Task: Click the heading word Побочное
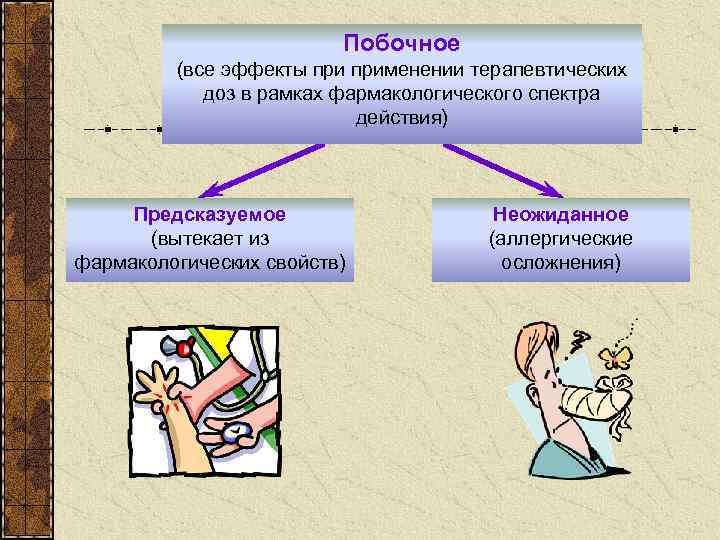click(401, 43)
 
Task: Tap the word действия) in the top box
click(401, 118)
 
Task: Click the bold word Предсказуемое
click(210, 215)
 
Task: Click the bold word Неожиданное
click(560, 215)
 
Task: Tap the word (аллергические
click(560, 239)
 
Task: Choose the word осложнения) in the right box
click(560, 263)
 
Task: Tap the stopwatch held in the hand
click(233, 433)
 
